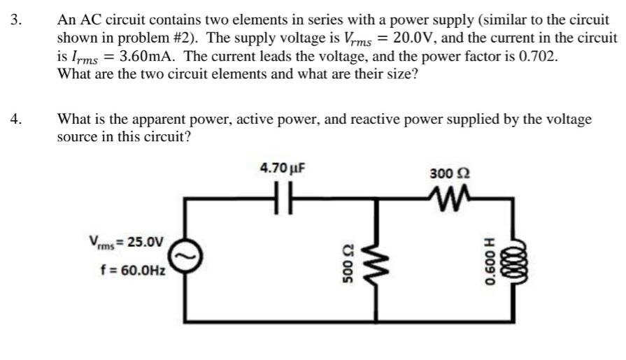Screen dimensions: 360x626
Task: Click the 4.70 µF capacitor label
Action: pos(283,168)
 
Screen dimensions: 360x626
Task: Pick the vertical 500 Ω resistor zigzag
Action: pos(381,265)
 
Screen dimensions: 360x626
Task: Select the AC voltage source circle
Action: pos(185,258)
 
